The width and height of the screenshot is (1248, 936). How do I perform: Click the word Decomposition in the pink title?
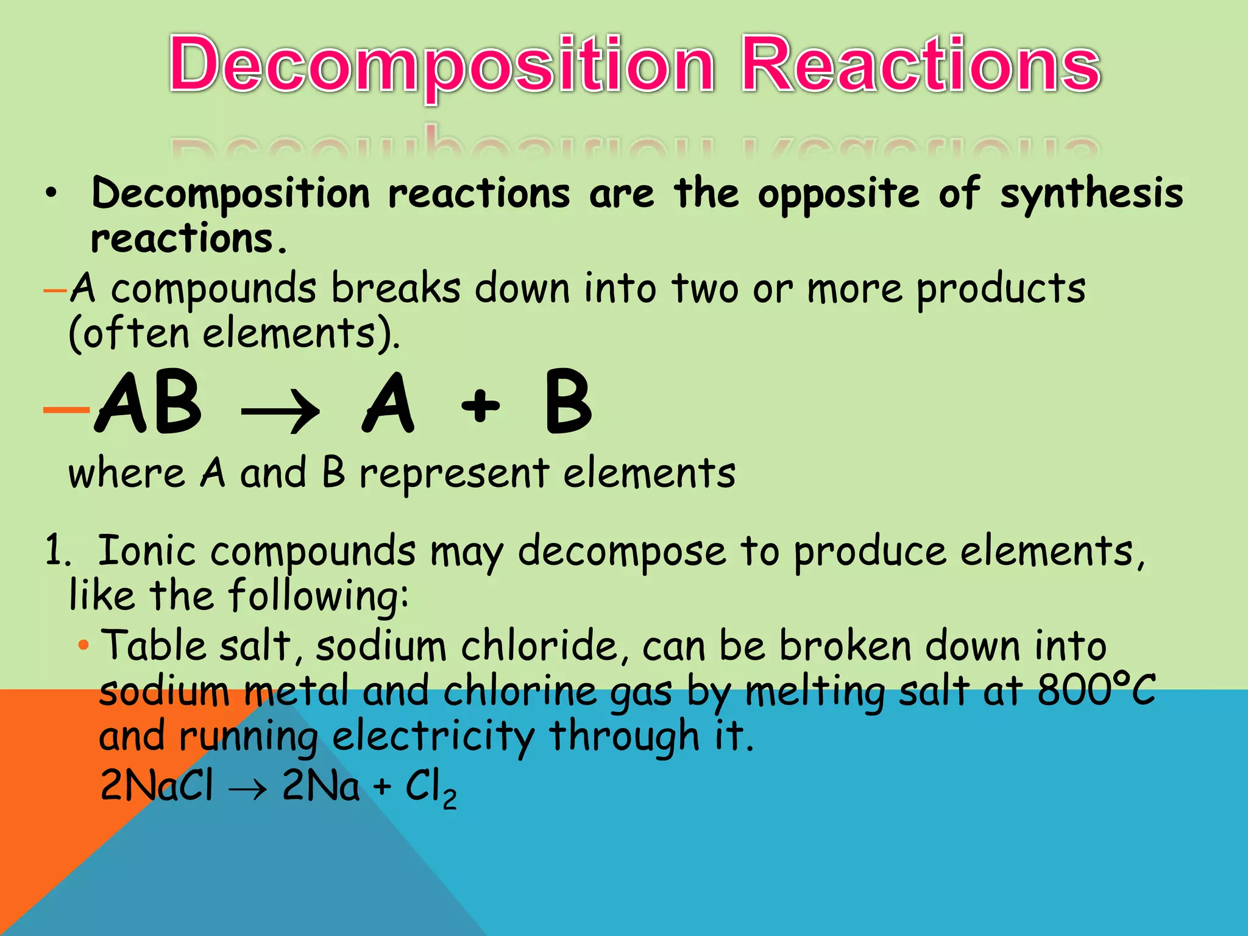tap(442, 65)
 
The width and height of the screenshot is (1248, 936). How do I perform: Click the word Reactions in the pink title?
tap(921, 65)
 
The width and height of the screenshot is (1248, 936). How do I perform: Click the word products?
tap(1001, 289)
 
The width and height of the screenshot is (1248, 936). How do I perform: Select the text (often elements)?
tap(235, 334)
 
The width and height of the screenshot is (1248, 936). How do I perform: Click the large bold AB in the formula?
tap(148, 403)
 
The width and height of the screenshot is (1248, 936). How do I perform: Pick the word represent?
tap(454, 474)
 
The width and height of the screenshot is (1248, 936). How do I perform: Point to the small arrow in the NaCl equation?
tap(247, 789)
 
